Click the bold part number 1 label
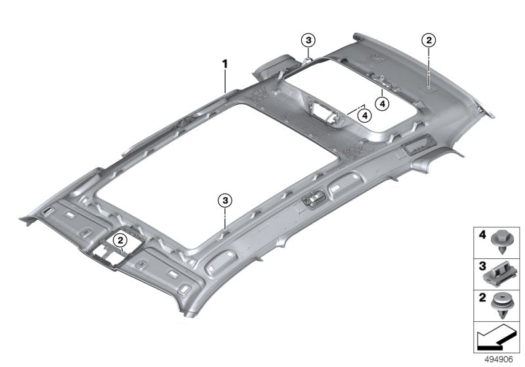pyautogui.click(x=224, y=64)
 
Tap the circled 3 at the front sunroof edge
pyautogui.click(x=225, y=199)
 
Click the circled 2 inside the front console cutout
pyautogui.click(x=121, y=241)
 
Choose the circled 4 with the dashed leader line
pyautogui.click(x=364, y=115)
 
